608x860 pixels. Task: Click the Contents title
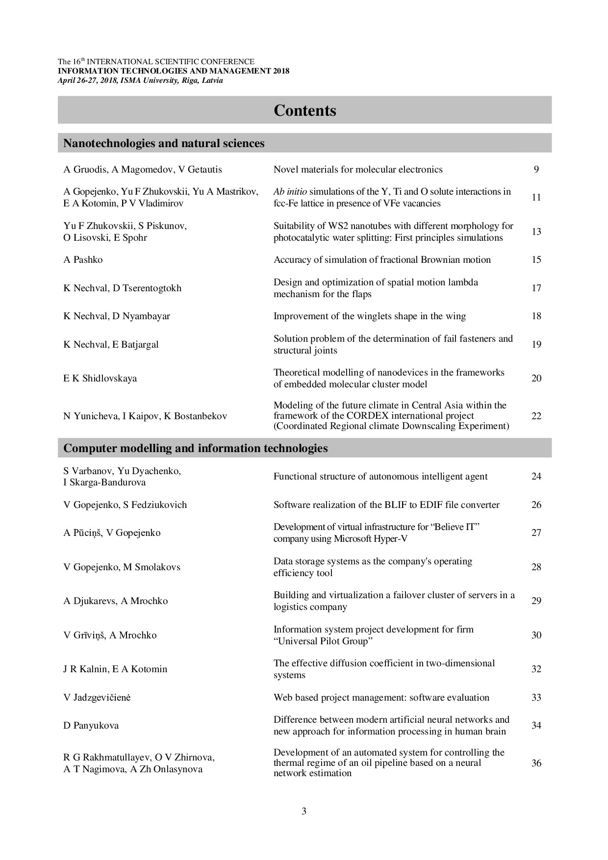pos(304,110)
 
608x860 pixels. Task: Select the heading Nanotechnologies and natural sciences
pos(164,143)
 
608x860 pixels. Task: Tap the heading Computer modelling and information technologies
pos(196,448)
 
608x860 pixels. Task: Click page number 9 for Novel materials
pos(536,170)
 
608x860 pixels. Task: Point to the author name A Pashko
pos(83,260)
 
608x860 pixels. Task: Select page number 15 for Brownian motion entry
pos(536,260)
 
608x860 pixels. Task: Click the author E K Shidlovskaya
pos(100,379)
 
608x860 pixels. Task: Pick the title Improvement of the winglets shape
pos(369,316)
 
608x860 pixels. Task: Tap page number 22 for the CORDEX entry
pos(536,416)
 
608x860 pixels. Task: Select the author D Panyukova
pos(91,726)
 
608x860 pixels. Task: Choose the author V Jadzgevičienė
pos(97,698)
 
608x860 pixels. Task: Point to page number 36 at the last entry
pos(536,763)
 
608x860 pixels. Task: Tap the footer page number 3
pos(304,811)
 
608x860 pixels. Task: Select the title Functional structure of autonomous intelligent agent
pos(380,477)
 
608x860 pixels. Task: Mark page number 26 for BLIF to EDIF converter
pos(536,505)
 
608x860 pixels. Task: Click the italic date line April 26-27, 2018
pos(140,80)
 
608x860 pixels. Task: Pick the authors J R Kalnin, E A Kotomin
pos(115,669)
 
